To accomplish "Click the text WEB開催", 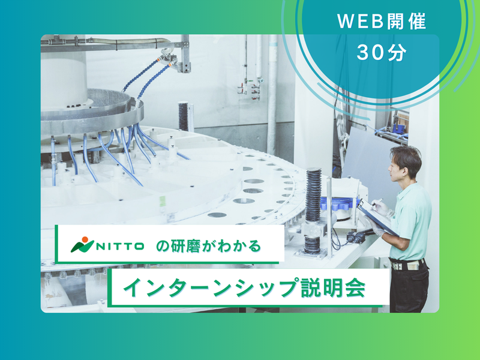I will pyautogui.click(x=381, y=23).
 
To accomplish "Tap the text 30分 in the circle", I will pyautogui.click(x=381, y=53).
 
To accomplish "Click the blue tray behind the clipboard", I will pyautogui.click(x=340, y=206).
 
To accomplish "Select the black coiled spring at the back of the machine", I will pyautogui.click(x=184, y=116).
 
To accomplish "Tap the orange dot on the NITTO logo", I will pyautogui.click(x=83, y=239).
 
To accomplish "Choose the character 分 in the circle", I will pyautogui.click(x=397, y=53).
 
